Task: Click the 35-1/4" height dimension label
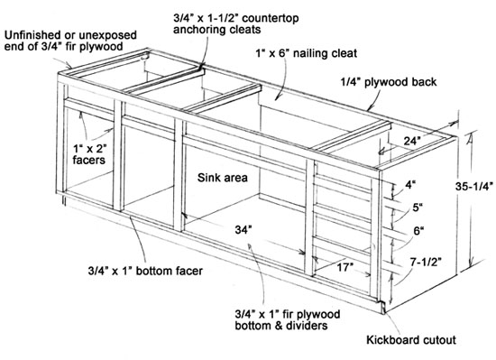tap(473, 187)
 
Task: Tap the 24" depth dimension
tap(412, 141)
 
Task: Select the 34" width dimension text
tap(243, 230)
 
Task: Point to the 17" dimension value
tap(344, 267)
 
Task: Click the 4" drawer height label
tap(410, 185)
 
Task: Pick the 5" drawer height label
tap(418, 208)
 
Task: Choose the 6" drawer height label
tap(418, 231)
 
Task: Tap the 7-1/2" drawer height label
tap(426, 262)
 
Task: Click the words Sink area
tap(223, 178)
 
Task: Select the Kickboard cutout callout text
tap(411, 340)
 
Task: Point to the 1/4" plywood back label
tap(388, 82)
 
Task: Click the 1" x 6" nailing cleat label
tap(307, 53)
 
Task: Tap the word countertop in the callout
tap(271, 18)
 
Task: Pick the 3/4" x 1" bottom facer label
tap(145, 271)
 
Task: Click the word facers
tap(88, 160)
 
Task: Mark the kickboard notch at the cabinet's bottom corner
tap(383, 307)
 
